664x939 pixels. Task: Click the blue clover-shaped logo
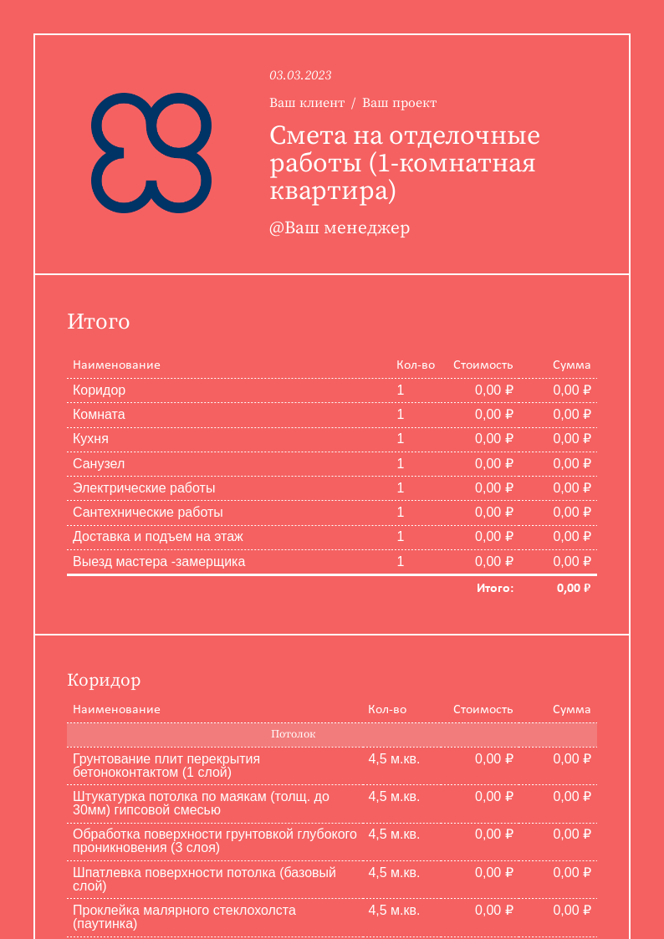151,153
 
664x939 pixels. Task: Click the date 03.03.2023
300,75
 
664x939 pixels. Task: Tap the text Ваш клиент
307,103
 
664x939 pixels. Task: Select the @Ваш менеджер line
340,228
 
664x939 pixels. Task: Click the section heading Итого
99,322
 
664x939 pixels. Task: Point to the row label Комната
99,414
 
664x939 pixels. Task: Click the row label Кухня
90,438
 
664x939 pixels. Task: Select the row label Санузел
99,463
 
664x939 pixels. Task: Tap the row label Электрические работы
144,487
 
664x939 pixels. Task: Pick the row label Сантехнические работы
148,512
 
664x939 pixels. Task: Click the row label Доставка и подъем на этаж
158,536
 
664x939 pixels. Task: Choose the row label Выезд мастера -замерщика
159,561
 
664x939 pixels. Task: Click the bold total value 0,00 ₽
574,588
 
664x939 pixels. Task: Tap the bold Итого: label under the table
495,588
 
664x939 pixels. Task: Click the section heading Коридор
104,680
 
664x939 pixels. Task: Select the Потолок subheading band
332,734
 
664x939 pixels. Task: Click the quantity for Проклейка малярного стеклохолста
394,910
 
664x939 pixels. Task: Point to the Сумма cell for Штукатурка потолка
572,796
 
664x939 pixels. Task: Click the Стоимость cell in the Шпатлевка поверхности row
494,872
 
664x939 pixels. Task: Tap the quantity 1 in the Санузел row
401,463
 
